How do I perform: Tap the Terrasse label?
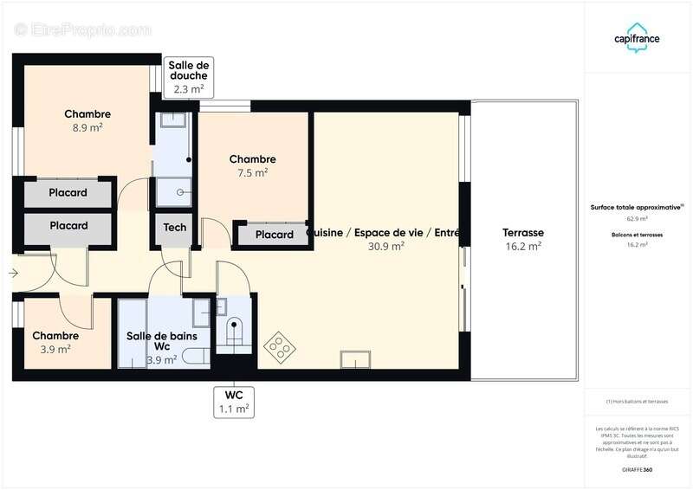[x=522, y=233]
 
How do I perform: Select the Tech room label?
[x=175, y=228]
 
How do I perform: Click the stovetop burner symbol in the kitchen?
[x=280, y=345]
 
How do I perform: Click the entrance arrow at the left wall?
[x=13, y=274]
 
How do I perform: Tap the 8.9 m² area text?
[x=87, y=128]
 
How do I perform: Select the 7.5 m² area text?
[x=253, y=172]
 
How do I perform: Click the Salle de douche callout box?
[x=189, y=76]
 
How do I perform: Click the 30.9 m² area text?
[x=386, y=246]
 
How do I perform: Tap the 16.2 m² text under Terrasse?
[x=522, y=246]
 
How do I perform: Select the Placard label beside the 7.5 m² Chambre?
[x=274, y=235]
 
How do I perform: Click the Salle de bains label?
[x=162, y=336]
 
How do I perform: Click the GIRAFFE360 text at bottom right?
[x=637, y=469]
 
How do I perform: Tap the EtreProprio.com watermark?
[x=83, y=29]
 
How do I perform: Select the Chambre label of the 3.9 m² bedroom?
[x=55, y=336]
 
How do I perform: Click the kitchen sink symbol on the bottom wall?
[x=355, y=359]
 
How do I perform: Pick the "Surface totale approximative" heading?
[x=637, y=208]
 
